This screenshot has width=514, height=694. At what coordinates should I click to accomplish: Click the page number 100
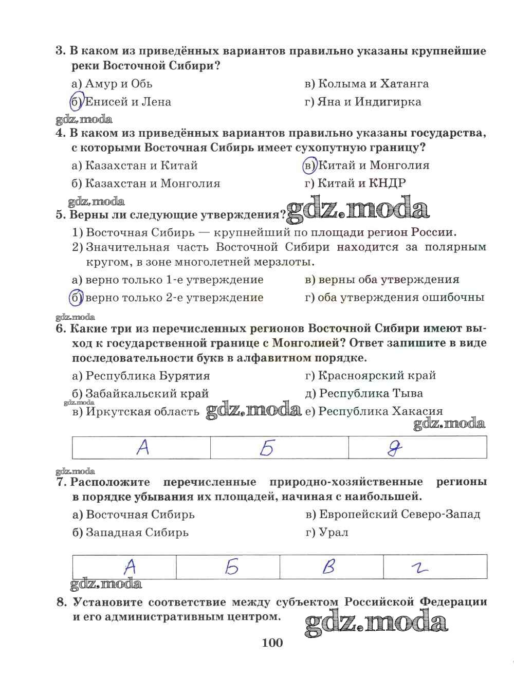click(x=272, y=643)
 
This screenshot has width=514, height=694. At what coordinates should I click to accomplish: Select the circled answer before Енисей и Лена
click(x=76, y=102)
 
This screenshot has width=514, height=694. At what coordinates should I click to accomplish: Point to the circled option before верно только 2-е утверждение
click(x=76, y=298)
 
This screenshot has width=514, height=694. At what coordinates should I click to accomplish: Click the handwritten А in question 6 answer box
click(x=143, y=447)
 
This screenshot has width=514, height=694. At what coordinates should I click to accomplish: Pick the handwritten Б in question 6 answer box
click(x=266, y=448)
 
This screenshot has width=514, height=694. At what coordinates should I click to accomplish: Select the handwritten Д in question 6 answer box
click(x=395, y=448)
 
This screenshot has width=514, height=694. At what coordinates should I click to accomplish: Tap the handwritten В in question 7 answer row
click(x=328, y=567)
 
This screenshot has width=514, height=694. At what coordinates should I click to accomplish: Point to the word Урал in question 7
click(x=334, y=532)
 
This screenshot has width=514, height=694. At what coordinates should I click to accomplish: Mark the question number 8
click(x=62, y=602)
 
